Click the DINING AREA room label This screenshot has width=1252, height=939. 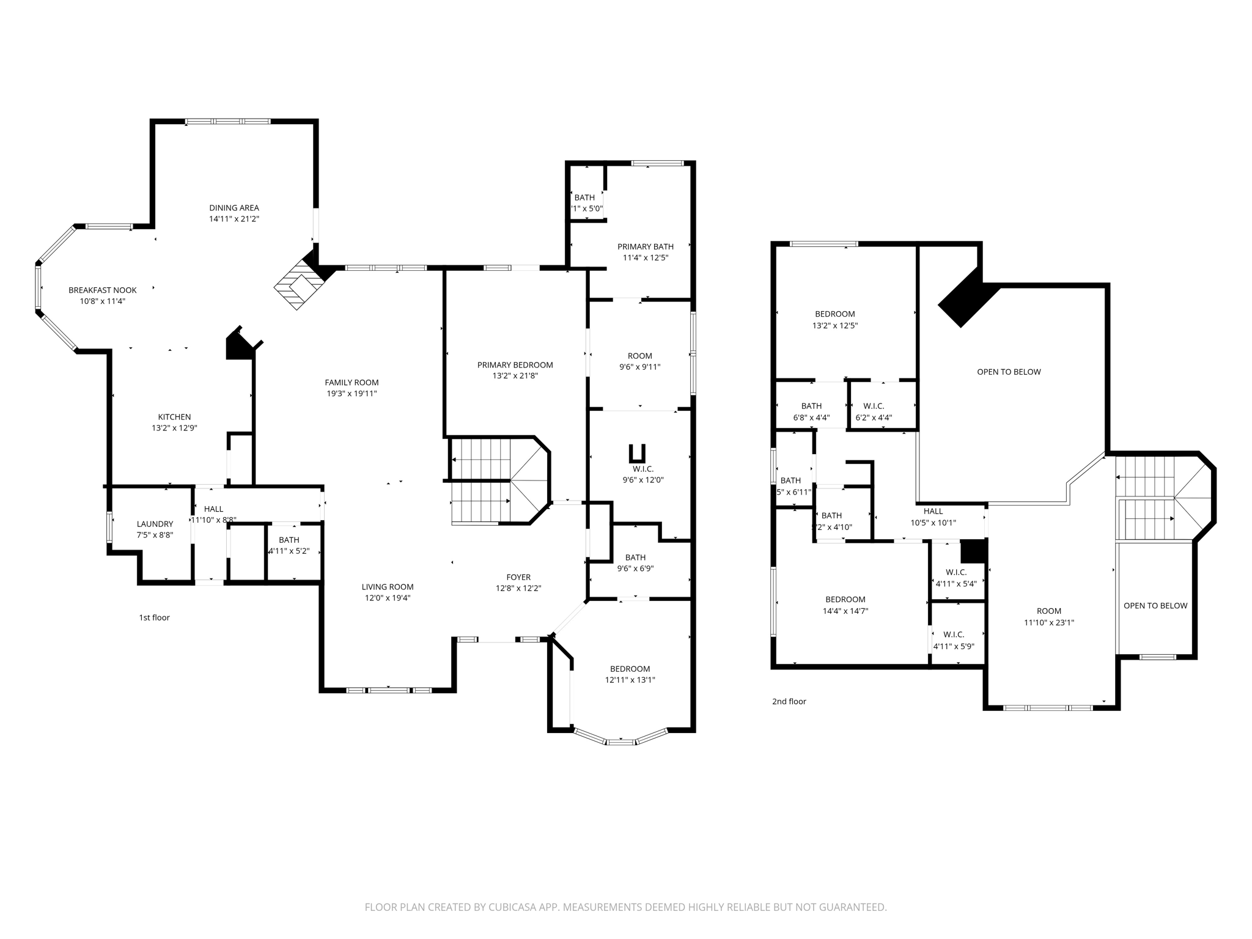234,208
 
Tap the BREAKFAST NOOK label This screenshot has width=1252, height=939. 103,290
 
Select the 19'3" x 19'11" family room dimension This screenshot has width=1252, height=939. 352,394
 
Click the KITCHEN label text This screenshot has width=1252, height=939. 174,417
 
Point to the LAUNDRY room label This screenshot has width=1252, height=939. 155,524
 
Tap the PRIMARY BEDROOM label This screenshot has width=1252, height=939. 515,365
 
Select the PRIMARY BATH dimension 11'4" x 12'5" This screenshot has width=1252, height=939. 645,258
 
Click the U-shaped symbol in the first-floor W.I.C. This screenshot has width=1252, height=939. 637,453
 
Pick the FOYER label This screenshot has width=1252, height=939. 518,577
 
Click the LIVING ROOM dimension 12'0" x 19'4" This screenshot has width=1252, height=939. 388,598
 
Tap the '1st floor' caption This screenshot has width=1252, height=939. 154,617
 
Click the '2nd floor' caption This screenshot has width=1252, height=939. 789,701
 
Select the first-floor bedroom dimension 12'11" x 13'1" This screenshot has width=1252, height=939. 630,680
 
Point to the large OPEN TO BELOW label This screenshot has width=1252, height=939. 1009,372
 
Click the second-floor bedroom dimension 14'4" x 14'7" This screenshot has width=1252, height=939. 845,611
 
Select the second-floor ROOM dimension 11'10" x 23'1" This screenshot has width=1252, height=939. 1048,623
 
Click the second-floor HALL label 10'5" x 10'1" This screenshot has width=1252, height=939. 933,511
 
